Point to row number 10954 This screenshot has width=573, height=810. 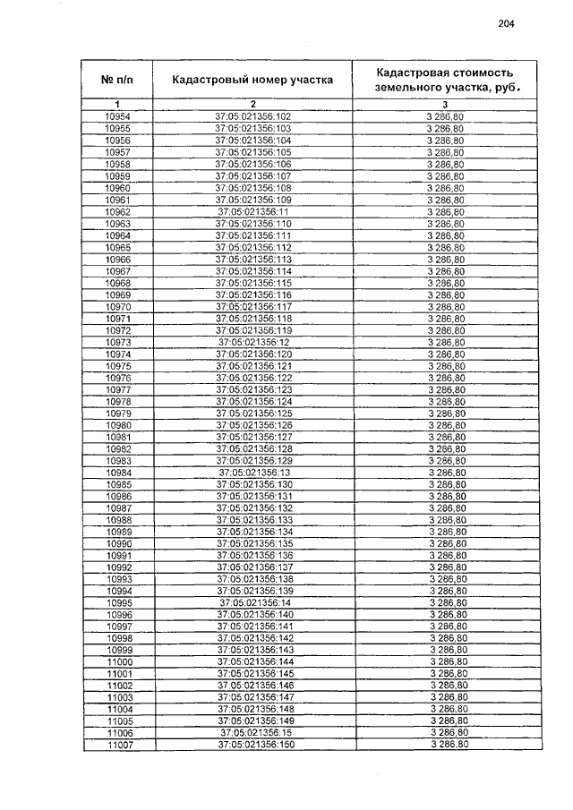pyautogui.click(x=117, y=117)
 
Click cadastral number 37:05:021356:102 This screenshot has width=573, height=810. pyautogui.click(x=253, y=117)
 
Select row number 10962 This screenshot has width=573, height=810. pyautogui.click(x=117, y=212)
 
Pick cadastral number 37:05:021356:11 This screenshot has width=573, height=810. pyautogui.click(x=253, y=212)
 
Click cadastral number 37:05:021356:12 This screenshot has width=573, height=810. pyautogui.click(x=253, y=342)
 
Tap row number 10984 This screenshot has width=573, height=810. pyautogui.click(x=118, y=473)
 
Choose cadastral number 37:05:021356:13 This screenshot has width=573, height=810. pyautogui.click(x=254, y=473)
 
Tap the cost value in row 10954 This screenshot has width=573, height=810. pyautogui.click(x=445, y=117)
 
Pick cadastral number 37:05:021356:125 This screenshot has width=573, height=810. pyautogui.click(x=254, y=414)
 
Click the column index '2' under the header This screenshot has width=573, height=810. pyautogui.click(x=253, y=106)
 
